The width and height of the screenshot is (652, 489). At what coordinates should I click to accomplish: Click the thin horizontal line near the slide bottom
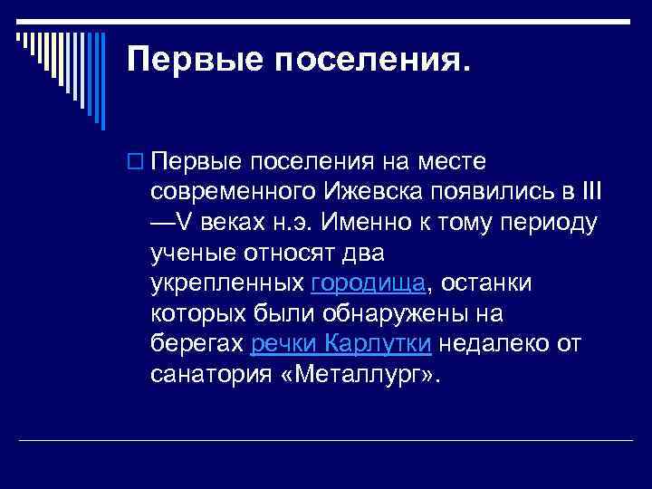(326, 440)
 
